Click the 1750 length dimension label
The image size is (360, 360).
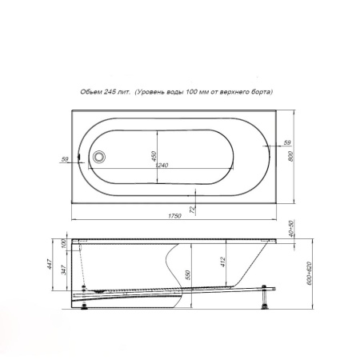coord(174,216)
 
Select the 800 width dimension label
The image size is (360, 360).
coord(290,156)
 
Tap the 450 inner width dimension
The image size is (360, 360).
coord(154,156)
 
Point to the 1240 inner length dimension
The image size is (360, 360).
coord(162,166)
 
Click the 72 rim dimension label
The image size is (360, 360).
coord(193,210)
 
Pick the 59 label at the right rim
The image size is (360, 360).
coord(287,142)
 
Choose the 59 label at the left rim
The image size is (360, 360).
coord(65,159)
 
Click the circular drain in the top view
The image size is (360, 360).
coord(99,157)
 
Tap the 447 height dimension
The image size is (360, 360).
coord(50,264)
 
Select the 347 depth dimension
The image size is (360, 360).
coord(63,270)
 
